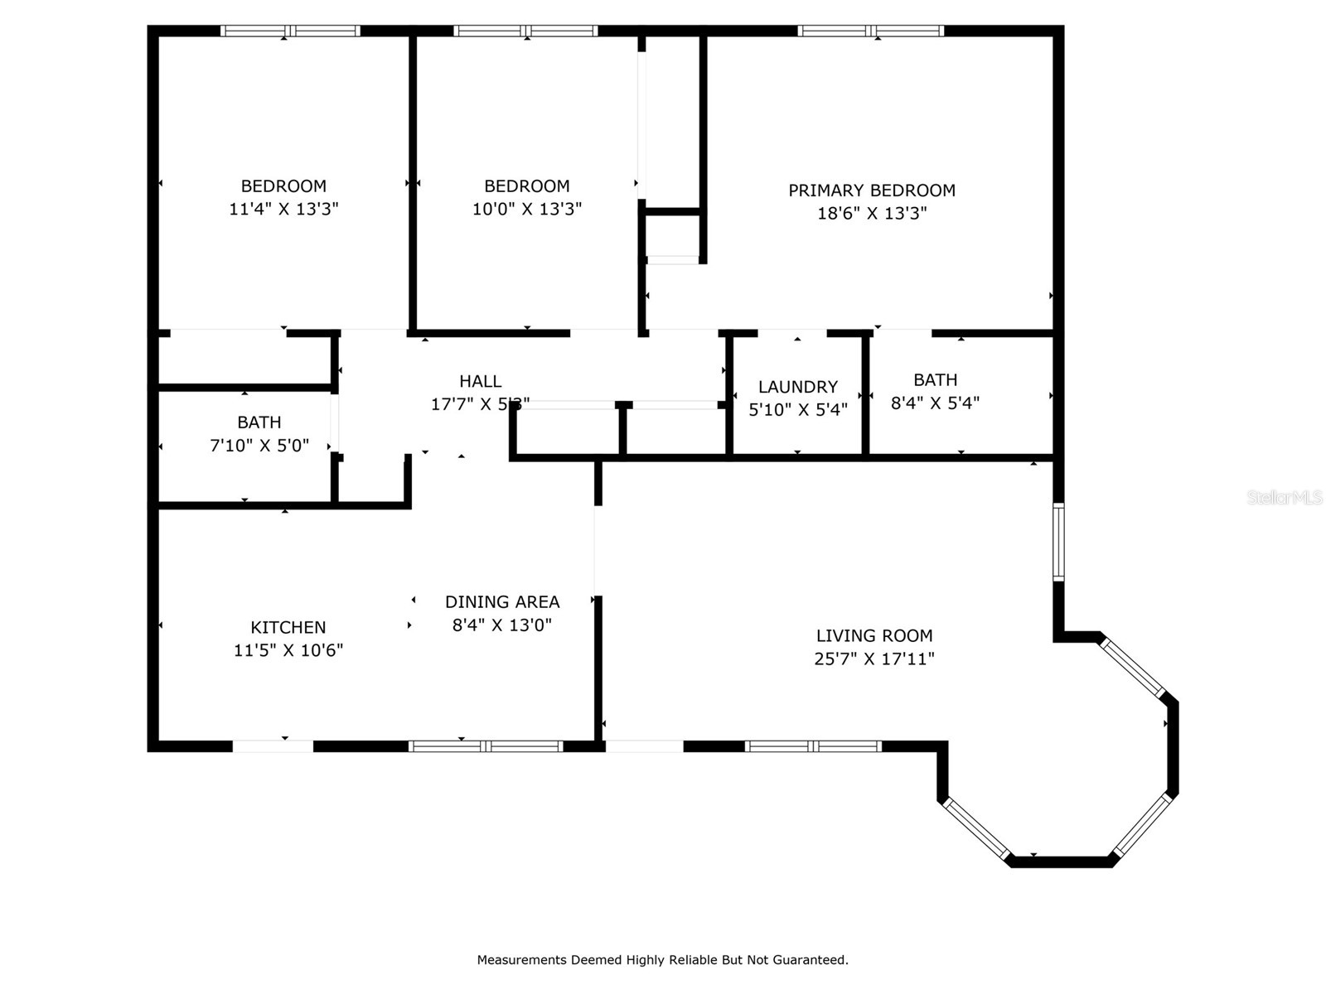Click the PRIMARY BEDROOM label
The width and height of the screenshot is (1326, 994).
tap(871, 191)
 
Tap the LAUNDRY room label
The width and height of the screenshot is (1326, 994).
tap(797, 387)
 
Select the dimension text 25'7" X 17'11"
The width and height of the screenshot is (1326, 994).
tap(874, 659)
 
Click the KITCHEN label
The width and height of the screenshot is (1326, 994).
tap(288, 627)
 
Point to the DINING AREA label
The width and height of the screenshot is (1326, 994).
tap(502, 602)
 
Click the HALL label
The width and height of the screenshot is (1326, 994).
tap(480, 381)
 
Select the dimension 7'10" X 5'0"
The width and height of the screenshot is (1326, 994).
tap(259, 446)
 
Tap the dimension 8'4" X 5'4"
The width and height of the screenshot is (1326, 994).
tap(935, 403)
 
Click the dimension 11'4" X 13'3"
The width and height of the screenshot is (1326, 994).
tap(283, 209)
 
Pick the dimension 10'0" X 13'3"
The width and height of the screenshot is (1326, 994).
tap(526, 209)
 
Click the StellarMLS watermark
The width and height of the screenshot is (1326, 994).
tap(1284, 498)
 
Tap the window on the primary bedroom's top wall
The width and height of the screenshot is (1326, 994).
tap(870, 31)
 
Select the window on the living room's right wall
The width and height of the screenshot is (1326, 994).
tap(1058, 542)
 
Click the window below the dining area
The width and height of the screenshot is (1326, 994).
tap(486, 746)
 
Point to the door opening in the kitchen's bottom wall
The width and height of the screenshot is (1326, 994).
tap(273, 746)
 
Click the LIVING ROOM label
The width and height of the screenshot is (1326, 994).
tap(874, 635)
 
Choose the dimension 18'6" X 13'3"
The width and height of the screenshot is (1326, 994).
tap(871, 213)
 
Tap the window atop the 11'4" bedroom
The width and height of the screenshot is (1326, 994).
tap(290, 31)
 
